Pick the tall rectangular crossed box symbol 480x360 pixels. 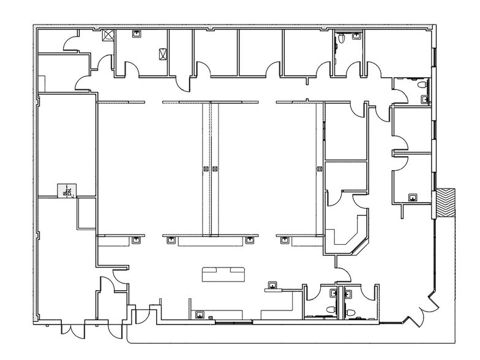pos(162,54)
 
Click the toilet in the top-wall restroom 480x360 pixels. pos(356,37)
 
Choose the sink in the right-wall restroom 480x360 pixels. pos(424,97)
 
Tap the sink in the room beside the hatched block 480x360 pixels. pos(412,197)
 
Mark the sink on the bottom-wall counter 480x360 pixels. pos(200,315)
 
